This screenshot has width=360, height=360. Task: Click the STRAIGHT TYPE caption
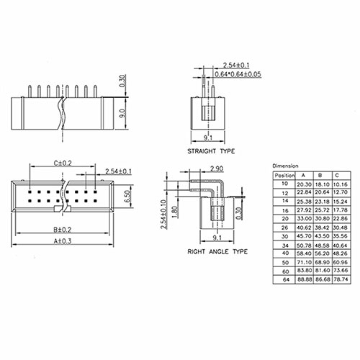click(211, 151)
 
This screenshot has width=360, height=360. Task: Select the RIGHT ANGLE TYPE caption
click(217, 251)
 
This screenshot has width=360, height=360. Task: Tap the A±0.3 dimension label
click(63, 241)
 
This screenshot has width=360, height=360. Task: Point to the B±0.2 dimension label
click(63, 230)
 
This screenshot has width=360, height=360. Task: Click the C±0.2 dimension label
click(63, 163)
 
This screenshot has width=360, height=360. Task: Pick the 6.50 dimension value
click(128, 196)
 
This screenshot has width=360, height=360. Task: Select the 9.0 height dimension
click(122, 113)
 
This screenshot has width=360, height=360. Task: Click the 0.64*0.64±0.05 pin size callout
click(238, 74)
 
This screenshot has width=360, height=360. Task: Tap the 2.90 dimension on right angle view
click(217, 168)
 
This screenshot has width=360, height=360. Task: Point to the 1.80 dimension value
click(175, 212)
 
